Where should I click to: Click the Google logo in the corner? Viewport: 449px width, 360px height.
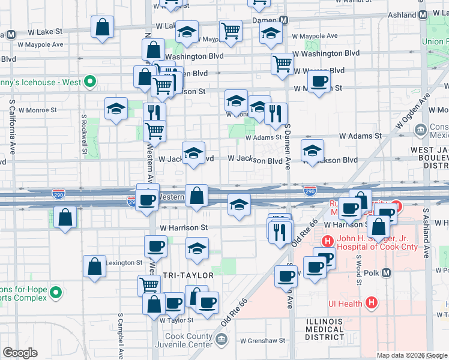pos(20,353)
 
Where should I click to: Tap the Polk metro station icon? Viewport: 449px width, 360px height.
pos(387,273)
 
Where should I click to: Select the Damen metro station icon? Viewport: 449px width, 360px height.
pos(285,20)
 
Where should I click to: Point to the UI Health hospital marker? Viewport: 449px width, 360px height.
pos(372,304)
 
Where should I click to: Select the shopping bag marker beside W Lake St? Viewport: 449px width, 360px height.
pos(103,27)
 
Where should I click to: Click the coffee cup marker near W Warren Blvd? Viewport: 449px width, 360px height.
pos(319,82)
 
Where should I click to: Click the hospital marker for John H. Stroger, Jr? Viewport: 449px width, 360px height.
pos(328,242)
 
